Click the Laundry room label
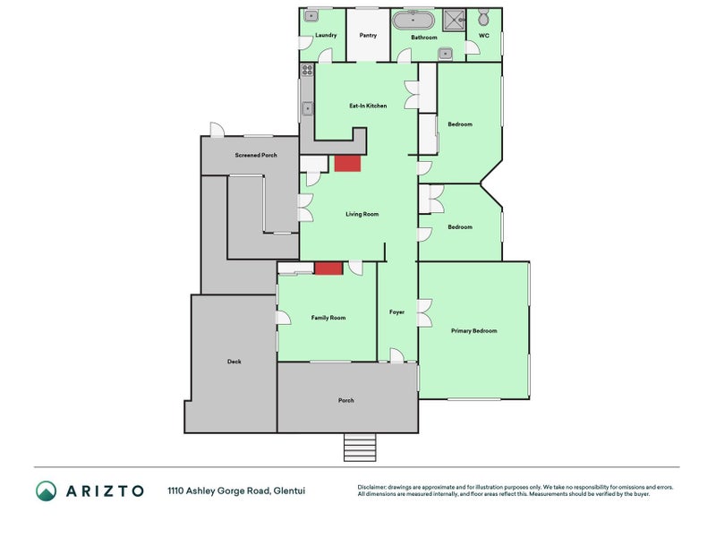click(x=326, y=36)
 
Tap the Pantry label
click(x=368, y=36)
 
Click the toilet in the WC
click(x=483, y=18)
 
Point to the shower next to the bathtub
click(x=455, y=19)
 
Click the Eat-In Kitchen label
click(x=368, y=106)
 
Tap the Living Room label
click(x=362, y=214)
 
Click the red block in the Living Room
click(x=347, y=163)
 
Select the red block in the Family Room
click(x=328, y=268)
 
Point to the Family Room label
click(x=328, y=318)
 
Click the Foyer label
click(x=396, y=312)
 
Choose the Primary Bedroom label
click(x=473, y=331)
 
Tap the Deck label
click(x=234, y=362)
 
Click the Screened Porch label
click(x=256, y=155)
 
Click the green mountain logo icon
click(x=46, y=490)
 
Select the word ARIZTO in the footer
click(x=104, y=490)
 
